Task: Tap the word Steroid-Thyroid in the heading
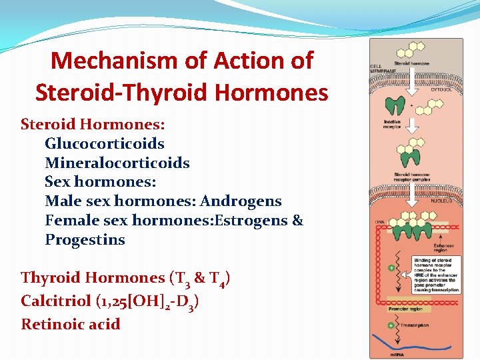point(131,92)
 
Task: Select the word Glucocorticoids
point(105,143)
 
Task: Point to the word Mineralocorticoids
point(117,163)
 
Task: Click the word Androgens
point(241,201)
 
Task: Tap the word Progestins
point(85,239)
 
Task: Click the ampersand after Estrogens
point(297,220)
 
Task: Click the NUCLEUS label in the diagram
point(441,200)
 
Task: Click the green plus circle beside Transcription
point(392,325)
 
